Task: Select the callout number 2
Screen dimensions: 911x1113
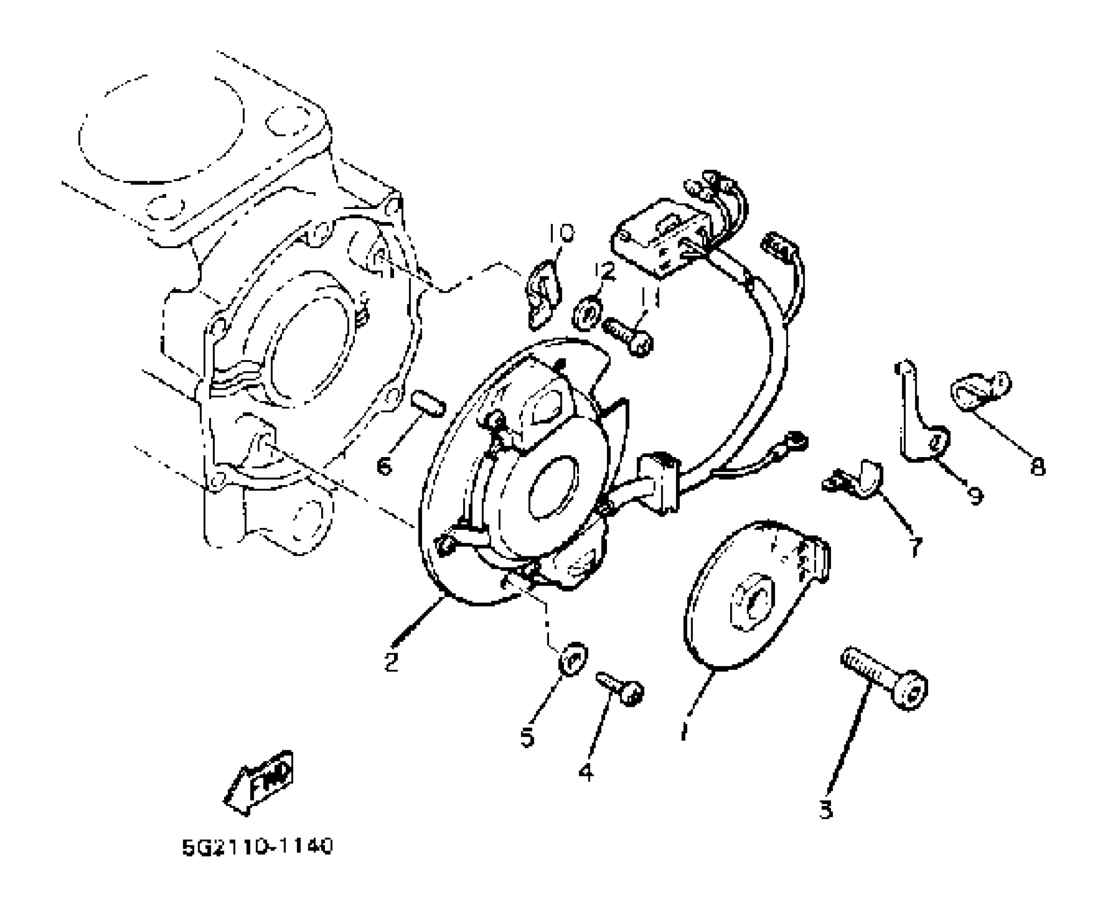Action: tap(391, 662)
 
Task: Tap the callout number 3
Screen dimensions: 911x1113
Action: tap(826, 809)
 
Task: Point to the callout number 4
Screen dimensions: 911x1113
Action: tap(587, 772)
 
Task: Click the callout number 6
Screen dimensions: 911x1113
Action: tap(384, 467)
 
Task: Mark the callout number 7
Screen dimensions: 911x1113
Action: tap(915, 547)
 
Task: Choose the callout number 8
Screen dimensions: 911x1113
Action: tap(1038, 467)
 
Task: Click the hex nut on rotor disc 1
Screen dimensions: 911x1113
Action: tap(753, 603)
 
